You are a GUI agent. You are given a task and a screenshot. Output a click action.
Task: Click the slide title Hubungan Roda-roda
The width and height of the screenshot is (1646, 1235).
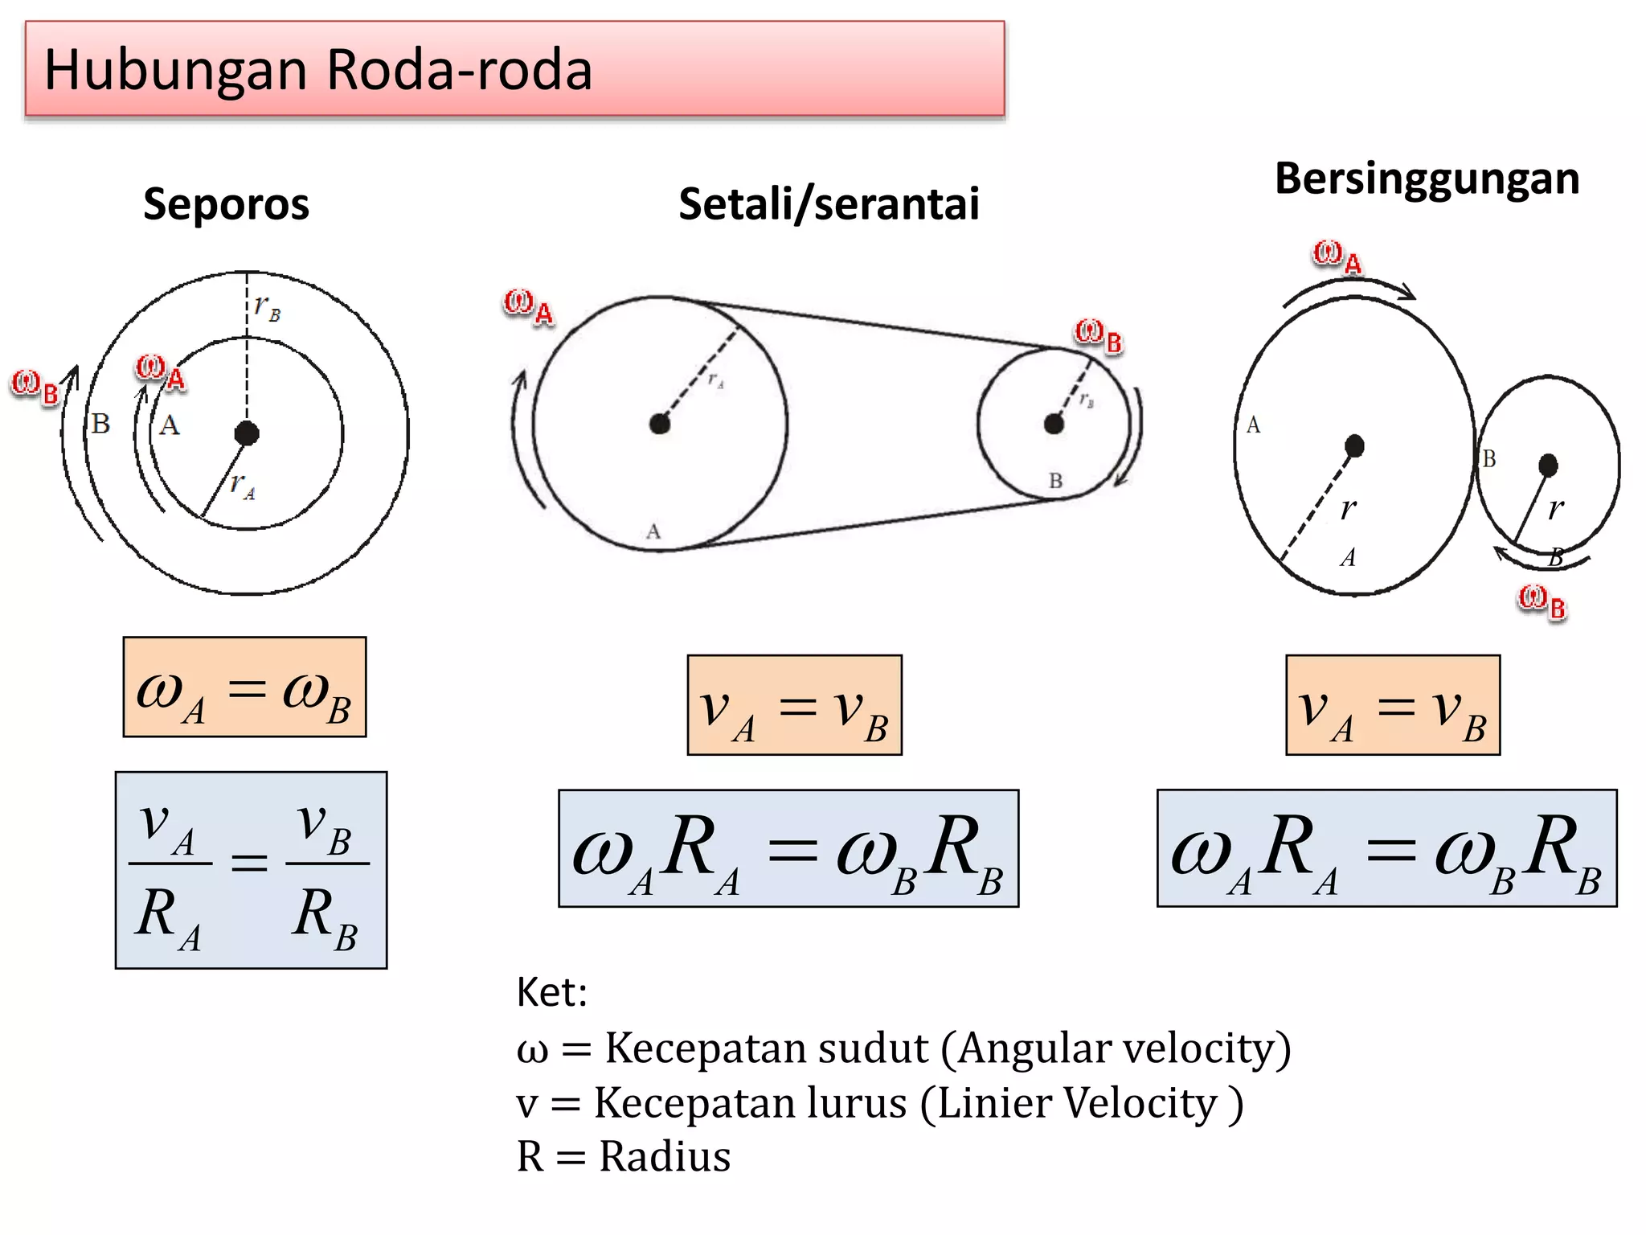(x=318, y=70)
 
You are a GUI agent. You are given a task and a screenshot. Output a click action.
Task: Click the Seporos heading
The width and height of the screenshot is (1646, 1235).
(x=226, y=204)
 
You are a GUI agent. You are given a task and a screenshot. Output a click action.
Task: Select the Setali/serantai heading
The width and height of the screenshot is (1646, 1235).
(x=829, y=204)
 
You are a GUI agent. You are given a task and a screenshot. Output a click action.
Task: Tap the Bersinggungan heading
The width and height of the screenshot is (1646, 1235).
(x=1427, y=178)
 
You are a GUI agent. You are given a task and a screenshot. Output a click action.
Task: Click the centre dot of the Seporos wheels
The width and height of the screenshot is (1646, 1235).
(x=247, y=433)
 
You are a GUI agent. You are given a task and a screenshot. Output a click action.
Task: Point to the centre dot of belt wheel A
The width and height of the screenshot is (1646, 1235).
(x=660, y=424)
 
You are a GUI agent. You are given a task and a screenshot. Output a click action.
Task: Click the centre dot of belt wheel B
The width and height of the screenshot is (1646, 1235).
(x=1054, y=424)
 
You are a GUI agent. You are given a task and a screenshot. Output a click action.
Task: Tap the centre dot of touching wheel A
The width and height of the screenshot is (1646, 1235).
(x=1354, y=445)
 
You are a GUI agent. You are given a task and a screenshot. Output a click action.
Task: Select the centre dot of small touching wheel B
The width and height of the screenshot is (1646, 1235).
(x=1548, y=465)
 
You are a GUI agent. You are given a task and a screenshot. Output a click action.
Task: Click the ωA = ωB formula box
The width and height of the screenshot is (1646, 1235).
(x=244, y=687)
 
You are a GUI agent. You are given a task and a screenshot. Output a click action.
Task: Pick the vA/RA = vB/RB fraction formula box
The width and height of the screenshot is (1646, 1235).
(x=251, y=870)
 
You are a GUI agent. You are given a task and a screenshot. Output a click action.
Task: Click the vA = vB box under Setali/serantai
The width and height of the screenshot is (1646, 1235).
(x=794, y=705)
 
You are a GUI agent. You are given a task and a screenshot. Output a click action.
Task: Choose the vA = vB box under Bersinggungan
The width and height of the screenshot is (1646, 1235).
(x=1393, y=705)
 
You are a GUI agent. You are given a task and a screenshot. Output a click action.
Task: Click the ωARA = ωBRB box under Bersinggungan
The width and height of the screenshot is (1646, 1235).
(x=1386, y=848)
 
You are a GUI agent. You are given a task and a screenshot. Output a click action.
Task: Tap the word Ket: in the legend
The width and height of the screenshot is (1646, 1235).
(x=551, y=992)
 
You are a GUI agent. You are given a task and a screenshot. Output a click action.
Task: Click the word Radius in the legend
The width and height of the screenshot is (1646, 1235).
(x=665, y=1157)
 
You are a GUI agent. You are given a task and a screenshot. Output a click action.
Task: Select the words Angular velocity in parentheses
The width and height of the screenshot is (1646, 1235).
(x=1124, y=1048)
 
